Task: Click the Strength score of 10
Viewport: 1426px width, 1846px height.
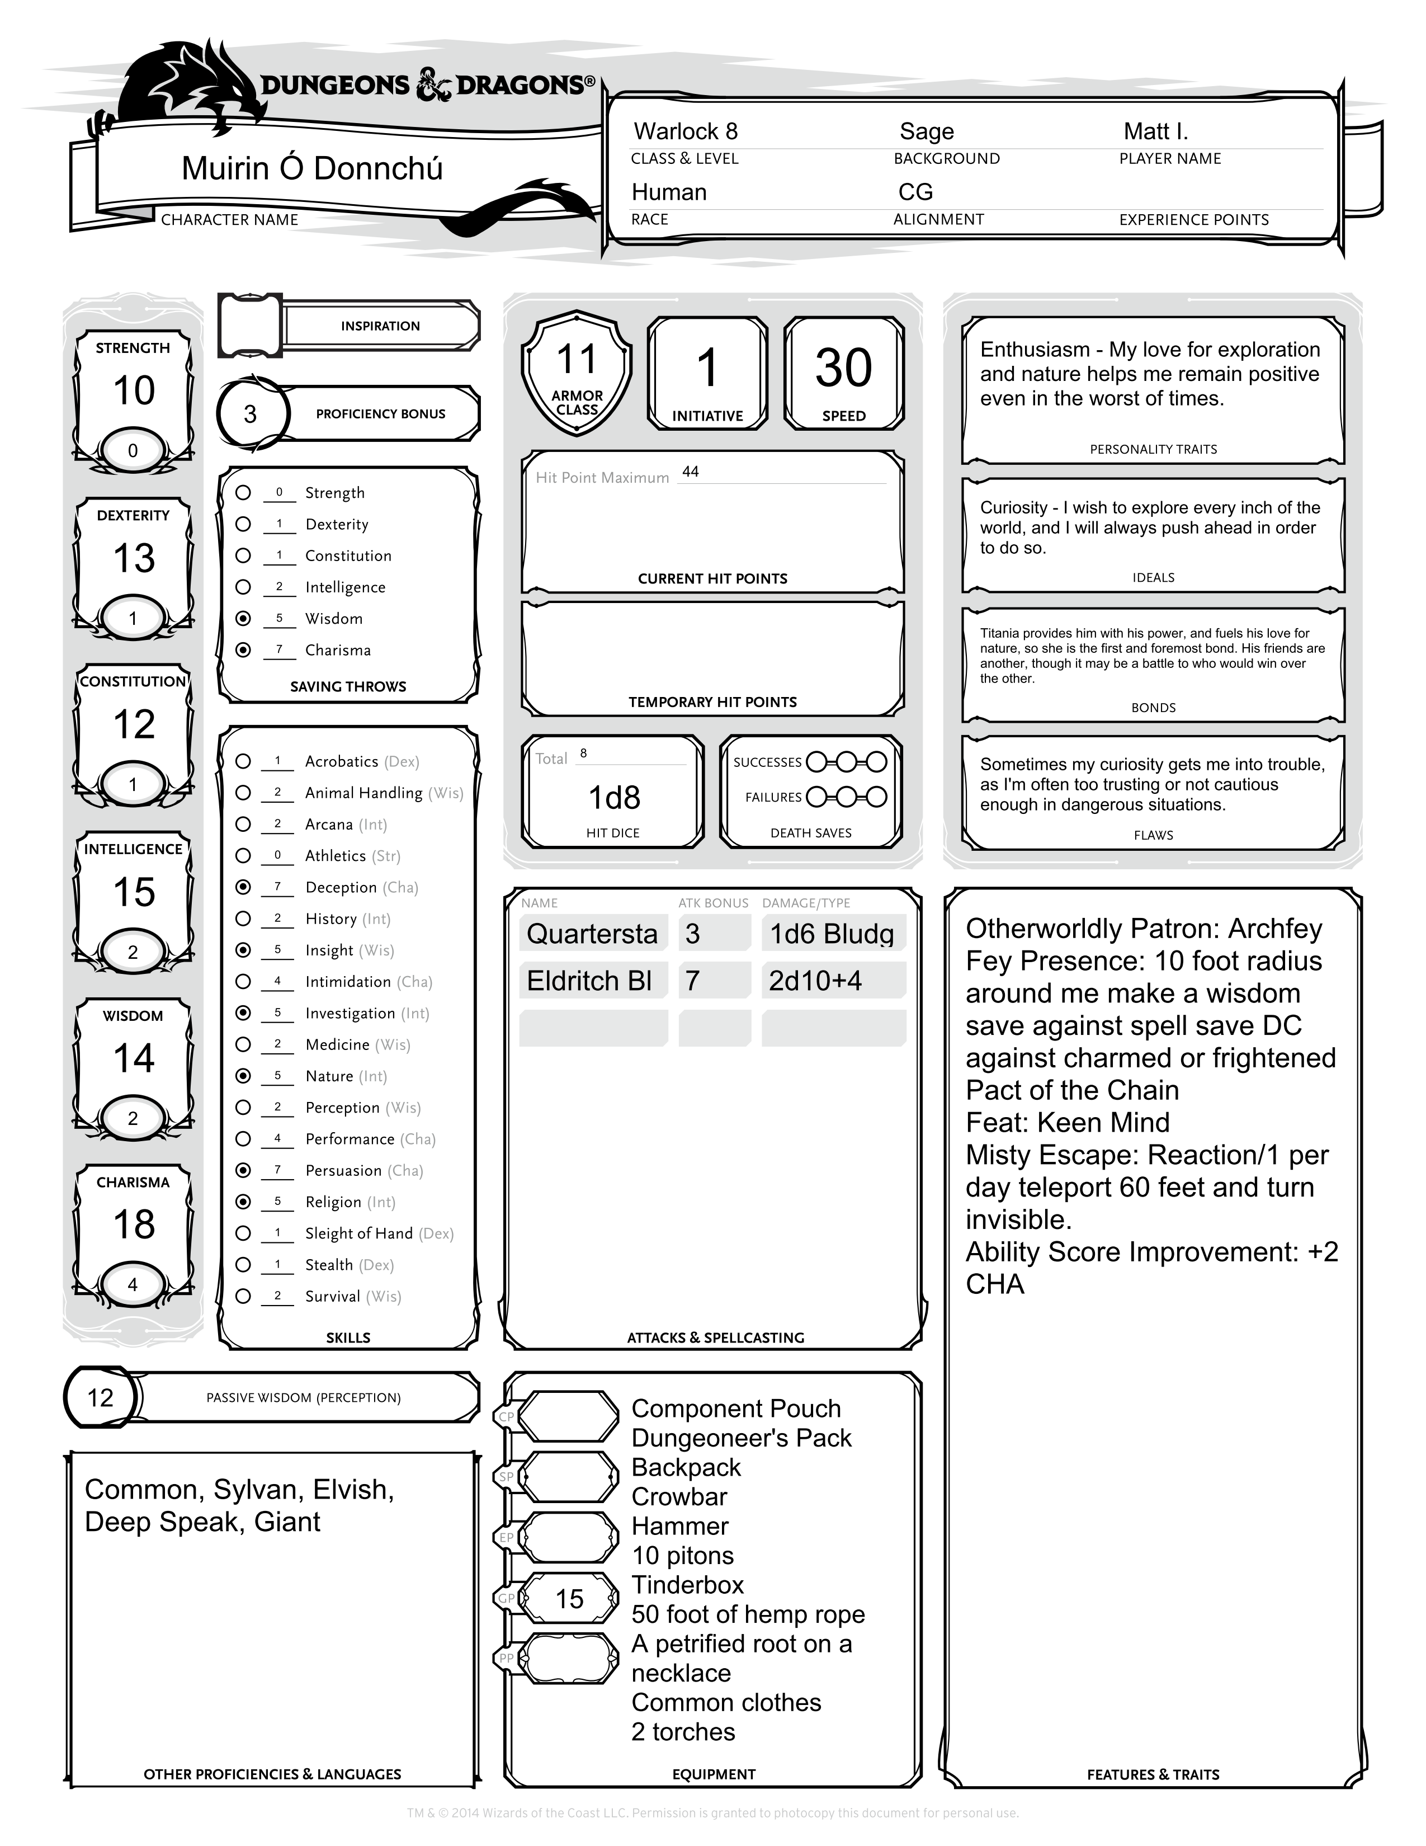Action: [x=134, y=390]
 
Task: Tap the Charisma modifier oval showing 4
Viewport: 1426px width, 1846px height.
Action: [x=133, y=1285]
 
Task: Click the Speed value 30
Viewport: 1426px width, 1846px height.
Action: [x=843, y=369]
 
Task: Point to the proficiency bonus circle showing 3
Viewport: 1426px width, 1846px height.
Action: [x=250, y=414]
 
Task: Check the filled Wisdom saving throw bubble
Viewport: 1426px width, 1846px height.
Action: [x=243, y=619]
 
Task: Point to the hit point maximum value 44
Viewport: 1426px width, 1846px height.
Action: [x=690, y=472]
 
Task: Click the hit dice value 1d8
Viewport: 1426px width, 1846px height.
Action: [x=614, y=798]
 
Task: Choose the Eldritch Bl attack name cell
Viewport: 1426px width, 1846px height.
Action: [x=591, y=981]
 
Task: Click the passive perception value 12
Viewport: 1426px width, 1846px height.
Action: [x=100, y=1398]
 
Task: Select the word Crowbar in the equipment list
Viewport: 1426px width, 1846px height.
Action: [x=679, y=1497]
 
